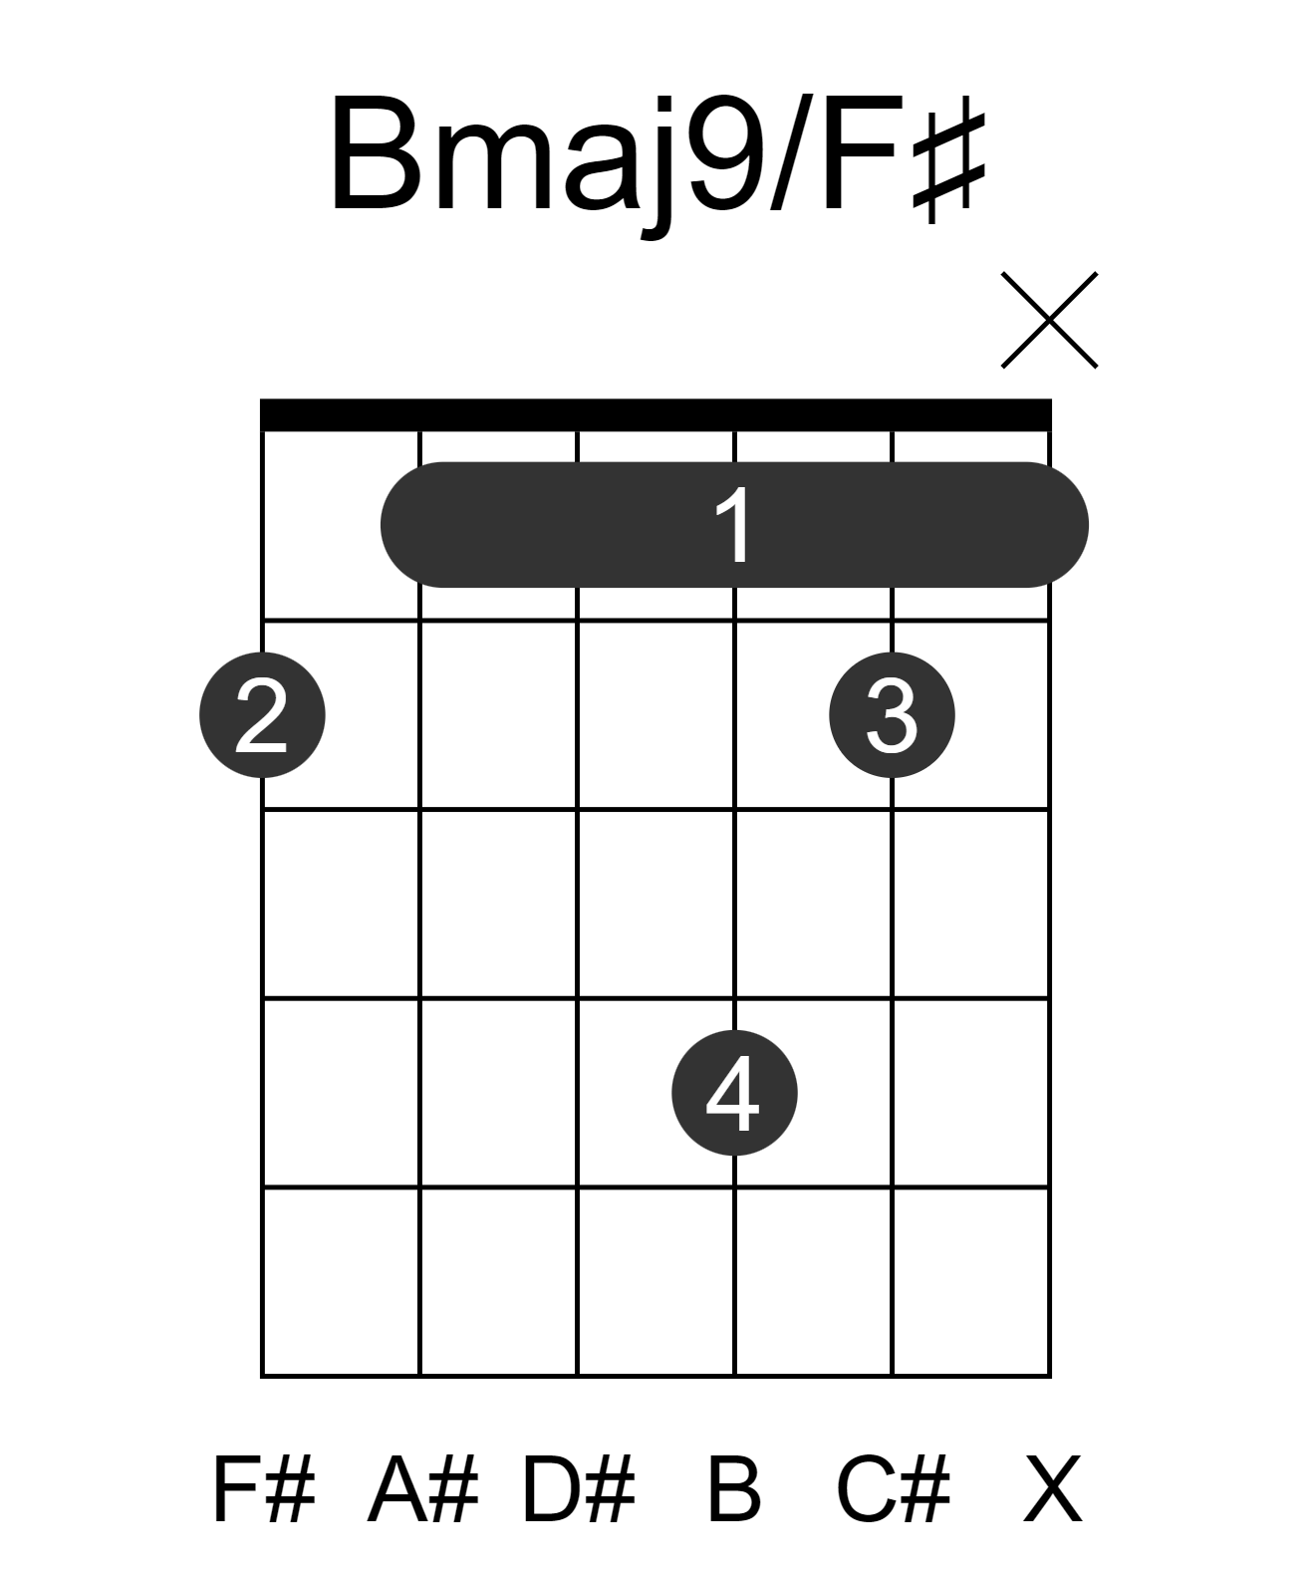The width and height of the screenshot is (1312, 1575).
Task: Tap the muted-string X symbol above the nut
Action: click(1049, 320)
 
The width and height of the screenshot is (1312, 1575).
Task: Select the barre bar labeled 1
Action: click(734, 525)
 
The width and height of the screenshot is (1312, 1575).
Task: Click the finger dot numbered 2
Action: click(262, 714)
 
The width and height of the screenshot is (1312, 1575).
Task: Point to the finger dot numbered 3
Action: click(892, 714)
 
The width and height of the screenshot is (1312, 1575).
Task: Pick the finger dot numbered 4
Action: click(734, 1092)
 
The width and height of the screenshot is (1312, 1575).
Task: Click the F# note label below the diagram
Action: click(263, 1489)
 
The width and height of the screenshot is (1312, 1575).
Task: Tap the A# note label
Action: click(422, 1489)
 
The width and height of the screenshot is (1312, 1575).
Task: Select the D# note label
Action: click(579, 1489)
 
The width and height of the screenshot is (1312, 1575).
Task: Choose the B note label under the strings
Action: click(734, 1489)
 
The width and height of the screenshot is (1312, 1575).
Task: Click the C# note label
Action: click(894, 1489)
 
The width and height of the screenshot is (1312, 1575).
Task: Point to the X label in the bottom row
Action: click(1052, 1489)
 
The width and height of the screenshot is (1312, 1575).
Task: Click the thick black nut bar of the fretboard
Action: click(656, 414)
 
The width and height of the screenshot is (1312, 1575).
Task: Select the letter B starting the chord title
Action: click(375, 152)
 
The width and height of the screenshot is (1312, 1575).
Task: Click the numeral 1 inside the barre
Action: click(733, 524)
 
